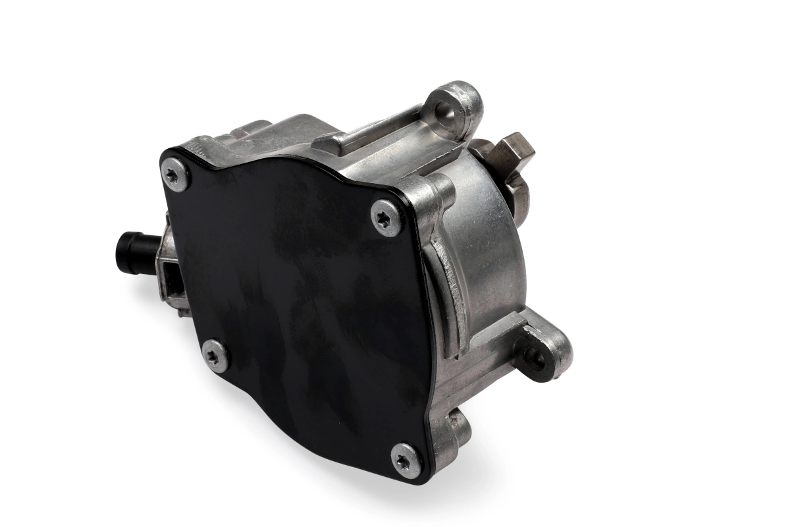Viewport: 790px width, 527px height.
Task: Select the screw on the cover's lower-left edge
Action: [x=215, y=356]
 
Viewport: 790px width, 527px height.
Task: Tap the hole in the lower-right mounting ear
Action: [x=535, y=357]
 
